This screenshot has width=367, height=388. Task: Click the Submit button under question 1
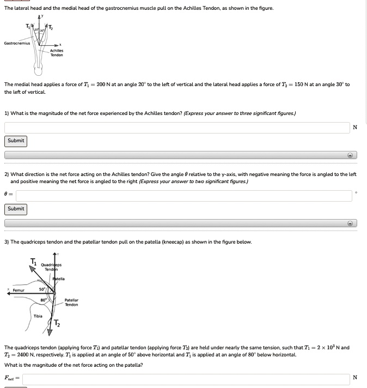(16, 141)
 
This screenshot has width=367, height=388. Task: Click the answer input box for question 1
(177, 128)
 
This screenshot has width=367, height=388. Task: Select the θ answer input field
(184, 195)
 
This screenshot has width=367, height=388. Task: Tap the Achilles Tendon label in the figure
(57, 53)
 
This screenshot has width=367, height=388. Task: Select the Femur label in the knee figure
(19, 290)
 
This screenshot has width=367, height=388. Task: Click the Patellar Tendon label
(71, 302)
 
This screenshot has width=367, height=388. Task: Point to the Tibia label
(38, 316)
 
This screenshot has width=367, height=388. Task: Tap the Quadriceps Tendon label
(52, 268)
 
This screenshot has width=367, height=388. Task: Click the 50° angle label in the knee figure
(41, 289)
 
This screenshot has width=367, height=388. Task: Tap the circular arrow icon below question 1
(351, 155)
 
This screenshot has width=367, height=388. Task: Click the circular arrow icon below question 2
(351, 223)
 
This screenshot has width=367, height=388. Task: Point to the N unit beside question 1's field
(355, 128)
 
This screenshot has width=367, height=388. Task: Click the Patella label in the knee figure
(59, 279)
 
